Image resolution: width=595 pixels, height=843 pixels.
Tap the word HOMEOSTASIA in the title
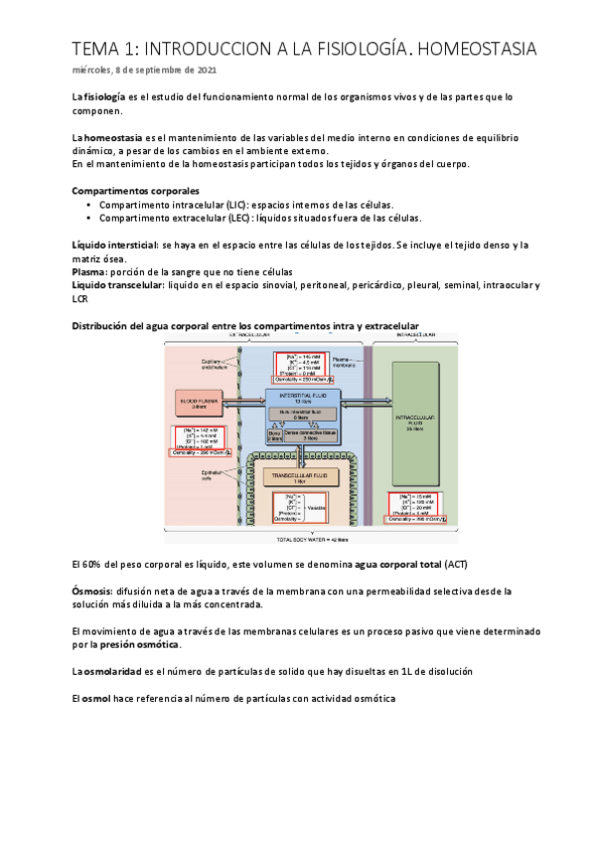(471, 48)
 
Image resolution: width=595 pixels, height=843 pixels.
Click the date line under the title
(143, 71)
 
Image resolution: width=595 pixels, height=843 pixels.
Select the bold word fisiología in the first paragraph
(104, 96)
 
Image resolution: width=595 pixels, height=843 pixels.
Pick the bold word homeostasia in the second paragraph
(113, 137)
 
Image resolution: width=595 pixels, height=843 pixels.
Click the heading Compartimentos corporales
(136, 190)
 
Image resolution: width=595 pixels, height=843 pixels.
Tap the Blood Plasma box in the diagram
(198, 403)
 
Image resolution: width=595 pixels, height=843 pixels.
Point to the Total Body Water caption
(313, 542)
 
